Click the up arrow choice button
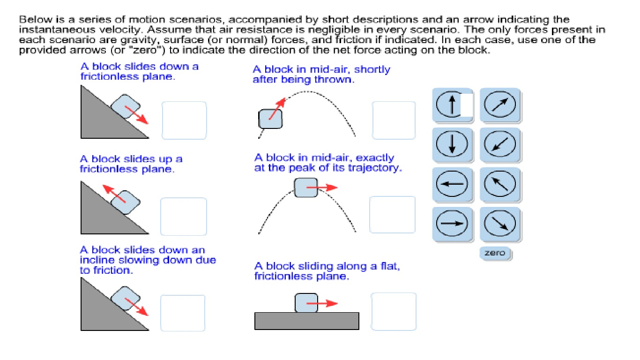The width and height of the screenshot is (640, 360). tap(452, 105)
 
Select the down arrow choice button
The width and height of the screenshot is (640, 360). tap(452, 144)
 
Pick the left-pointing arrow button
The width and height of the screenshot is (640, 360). tap(452, 184)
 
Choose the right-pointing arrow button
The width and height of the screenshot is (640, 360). tap(452, 224)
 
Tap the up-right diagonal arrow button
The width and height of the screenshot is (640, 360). tap(499, 105)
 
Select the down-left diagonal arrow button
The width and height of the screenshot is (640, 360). tap(499, 144)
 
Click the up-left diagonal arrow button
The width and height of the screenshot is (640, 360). tap(499, 184)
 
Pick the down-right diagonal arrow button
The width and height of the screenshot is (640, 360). tap(499, 224)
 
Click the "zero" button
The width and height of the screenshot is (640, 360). tap(495, 253)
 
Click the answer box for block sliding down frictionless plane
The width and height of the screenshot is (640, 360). tap(184, 120)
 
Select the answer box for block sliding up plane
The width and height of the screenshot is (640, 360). tap(184, 216)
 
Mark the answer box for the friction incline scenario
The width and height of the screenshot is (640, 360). tap(183, 313)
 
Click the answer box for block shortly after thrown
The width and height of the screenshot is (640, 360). tap(394, 120)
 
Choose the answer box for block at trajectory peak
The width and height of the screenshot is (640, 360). tap(392, 215)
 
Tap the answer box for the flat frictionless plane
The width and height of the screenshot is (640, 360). tap(394, 311)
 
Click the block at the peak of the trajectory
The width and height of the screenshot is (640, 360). tap(305, 187)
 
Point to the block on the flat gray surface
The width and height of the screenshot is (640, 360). tap(306, 303)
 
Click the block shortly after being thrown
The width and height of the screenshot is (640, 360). tap(270, 119)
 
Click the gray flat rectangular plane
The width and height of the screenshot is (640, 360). tap(307, 321)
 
